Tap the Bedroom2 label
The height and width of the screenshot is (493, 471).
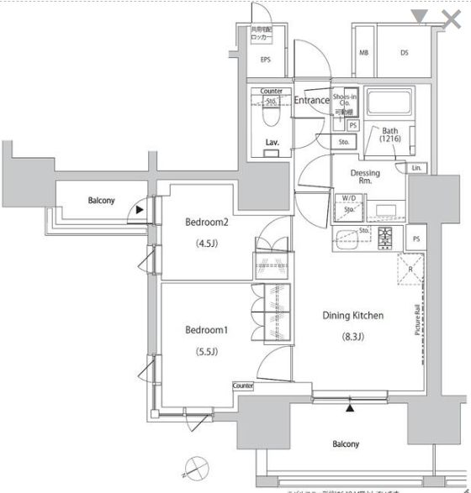(x=207, y=222)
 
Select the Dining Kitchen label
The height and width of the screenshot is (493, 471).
(x=353, y=316)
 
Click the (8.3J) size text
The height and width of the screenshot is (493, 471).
(x=353, y=337)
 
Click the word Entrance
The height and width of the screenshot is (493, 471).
(x=311, y=101)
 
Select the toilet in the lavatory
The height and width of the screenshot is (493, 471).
(x=270, y=117)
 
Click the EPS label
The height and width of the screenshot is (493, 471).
(x=265, y=60)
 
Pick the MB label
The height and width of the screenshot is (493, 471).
(x=364, y=53)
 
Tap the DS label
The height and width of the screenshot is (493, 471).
(x=404, y=53)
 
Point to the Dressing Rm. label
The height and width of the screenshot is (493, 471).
(x=364, y=177)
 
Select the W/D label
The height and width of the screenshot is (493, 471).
(x=348, y=198)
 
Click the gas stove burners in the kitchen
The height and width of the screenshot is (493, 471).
(x=385, y=237)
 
